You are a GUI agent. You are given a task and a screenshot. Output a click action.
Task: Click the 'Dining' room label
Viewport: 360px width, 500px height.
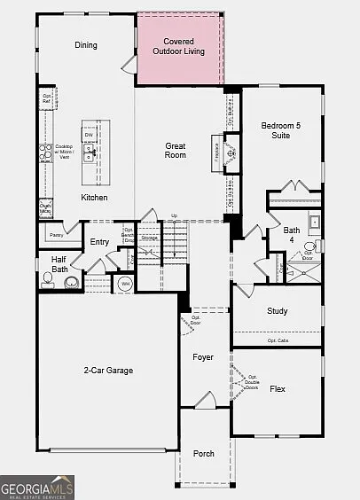pos(86,45)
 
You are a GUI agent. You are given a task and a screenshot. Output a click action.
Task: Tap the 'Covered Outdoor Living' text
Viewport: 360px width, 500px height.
pos(178,45)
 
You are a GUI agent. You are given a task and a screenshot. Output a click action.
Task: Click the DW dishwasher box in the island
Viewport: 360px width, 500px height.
pos(90,135)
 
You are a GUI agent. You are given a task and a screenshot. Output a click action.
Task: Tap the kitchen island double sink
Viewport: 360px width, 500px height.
pos(90,154)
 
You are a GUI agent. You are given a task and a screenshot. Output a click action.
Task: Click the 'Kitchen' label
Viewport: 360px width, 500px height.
pos(95,197)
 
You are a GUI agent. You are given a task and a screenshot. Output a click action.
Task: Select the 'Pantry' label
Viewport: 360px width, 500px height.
pos(57,235)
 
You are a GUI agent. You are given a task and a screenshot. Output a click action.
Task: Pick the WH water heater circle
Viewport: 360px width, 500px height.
pos(125,284)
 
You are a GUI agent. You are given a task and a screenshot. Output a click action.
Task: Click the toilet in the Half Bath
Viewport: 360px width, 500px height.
pos(48,281)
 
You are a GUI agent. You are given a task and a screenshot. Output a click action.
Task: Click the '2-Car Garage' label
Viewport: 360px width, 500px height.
pos(108,371)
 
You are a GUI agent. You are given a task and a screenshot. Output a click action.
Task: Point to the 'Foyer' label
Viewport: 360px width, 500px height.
pos(204,357)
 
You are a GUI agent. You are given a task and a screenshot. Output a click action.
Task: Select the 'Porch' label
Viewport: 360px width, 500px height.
pos(204,454)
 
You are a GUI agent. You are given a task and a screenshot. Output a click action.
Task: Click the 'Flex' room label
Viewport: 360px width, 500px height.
pos(278,388)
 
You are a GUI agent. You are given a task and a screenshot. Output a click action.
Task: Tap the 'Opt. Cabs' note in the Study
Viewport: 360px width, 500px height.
pos(278,340)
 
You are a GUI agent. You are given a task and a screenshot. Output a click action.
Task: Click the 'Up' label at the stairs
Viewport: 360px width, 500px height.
pos(174,215)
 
